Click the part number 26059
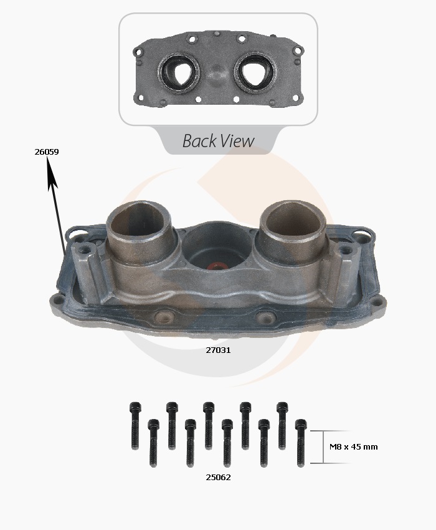(x=47, y=152)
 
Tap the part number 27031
(x=218, y=350)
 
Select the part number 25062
(x=218, y=477)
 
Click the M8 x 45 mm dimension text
(x=354, y=446)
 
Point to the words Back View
(x=218, y=141)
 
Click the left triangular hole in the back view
(x=180, y=72)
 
